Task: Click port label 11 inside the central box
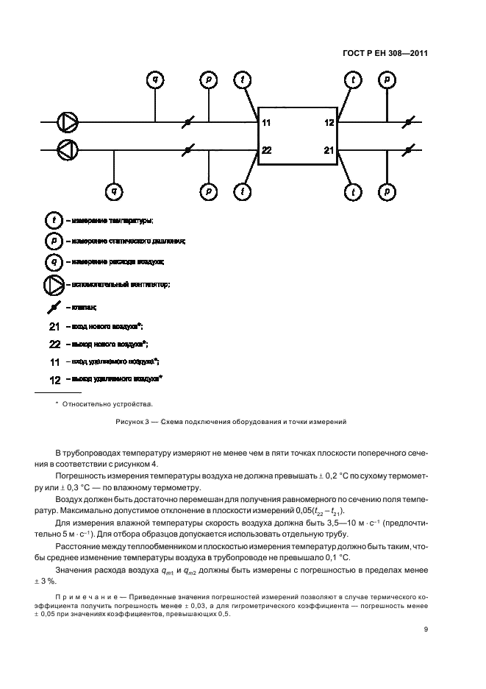(x=266, y=122)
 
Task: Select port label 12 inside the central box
(x=329, y=122)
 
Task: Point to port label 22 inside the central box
(x=266, y=150)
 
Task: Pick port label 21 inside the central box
(x=329, y=150)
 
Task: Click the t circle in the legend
(x=53, y=220)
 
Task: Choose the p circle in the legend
(x=53, y=241)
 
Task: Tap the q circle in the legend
(x=53, y=261)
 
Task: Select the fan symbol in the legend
(x=54, y=284)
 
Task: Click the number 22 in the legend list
(x=54, y=344)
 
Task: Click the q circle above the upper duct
(x=155, y=78)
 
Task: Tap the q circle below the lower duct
(x=114, y=192)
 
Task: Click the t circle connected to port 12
(x=354, y=79)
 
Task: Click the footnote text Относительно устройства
(x=107, y=403)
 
